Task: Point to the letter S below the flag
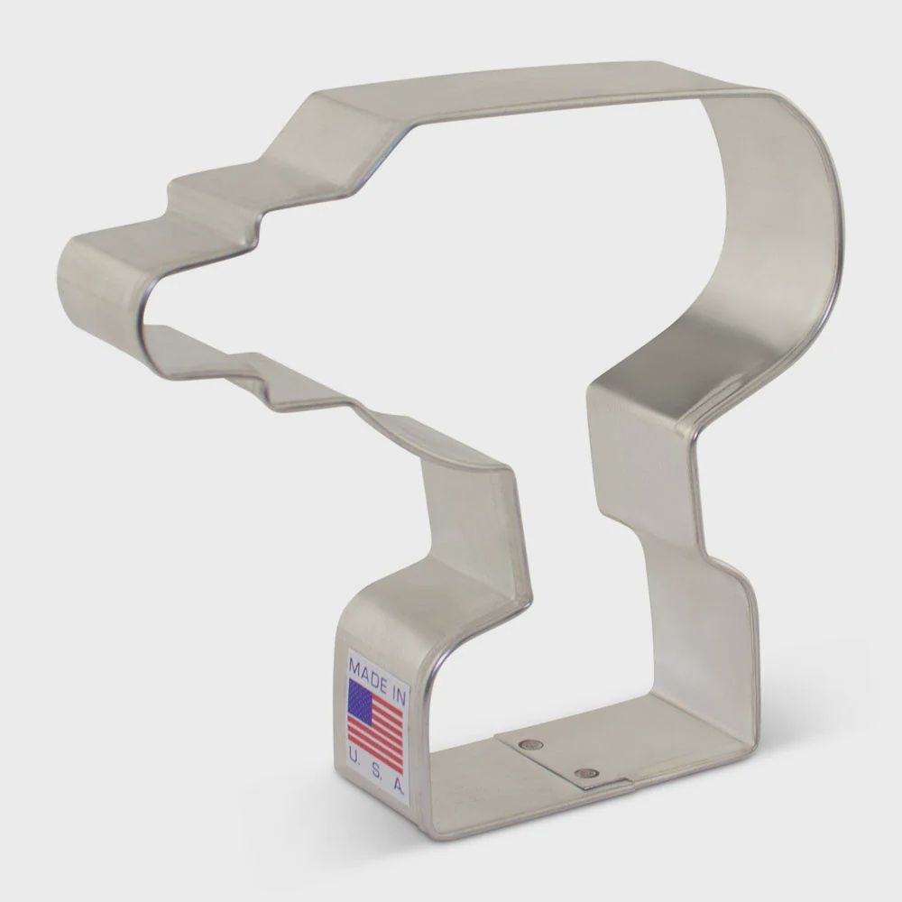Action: coord(375,766)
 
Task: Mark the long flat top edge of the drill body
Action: coord(541,81)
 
